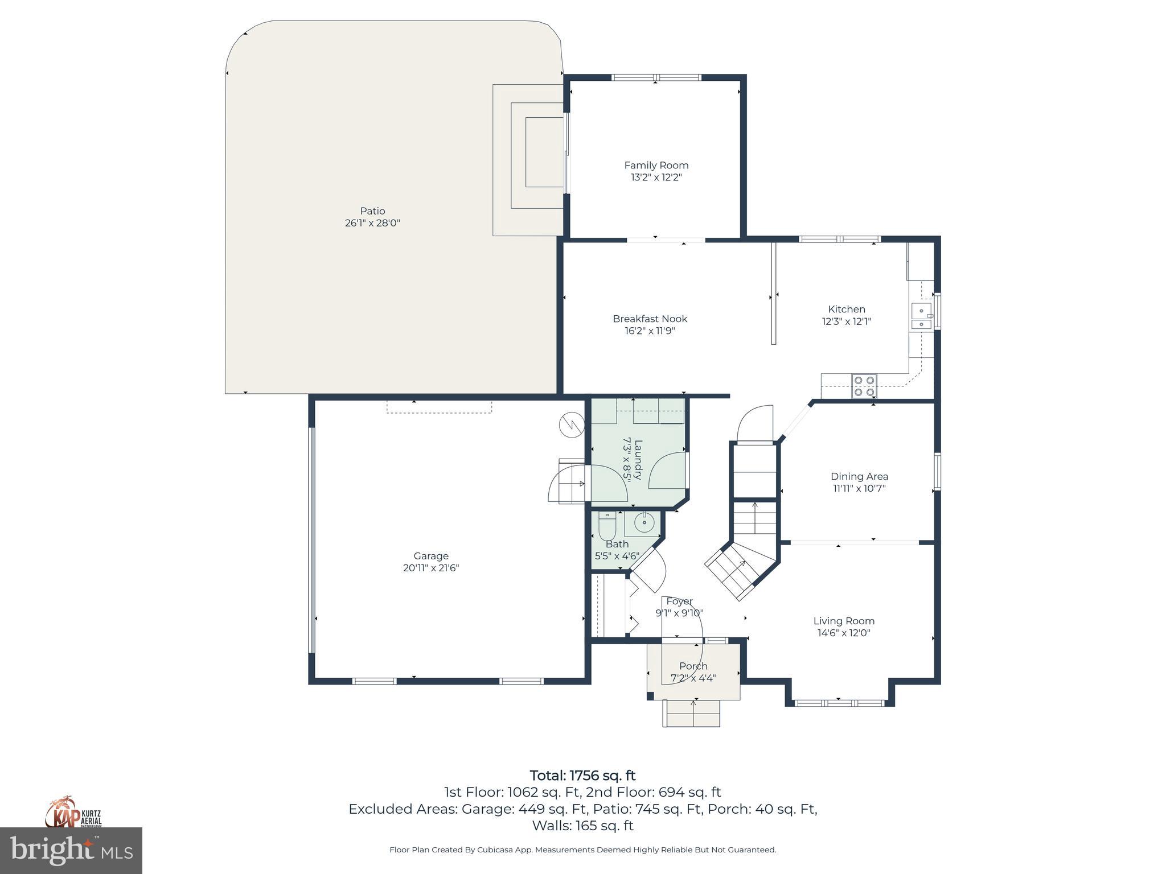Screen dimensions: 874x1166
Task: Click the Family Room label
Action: pos(656,165)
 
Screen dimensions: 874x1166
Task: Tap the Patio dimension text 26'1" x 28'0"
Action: pos(372,223)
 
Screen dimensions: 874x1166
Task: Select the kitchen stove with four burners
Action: pos(864,386)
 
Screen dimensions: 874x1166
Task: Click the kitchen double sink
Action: pos(921,317)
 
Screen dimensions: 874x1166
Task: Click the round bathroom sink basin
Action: pos(644,521)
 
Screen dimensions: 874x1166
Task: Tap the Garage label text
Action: pos(431,556)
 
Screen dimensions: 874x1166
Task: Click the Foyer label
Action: pos(679,601)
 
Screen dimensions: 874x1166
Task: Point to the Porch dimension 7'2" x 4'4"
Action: pos(693,678)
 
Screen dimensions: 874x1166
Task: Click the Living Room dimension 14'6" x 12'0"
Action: pos(844,633)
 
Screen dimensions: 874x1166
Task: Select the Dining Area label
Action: pos(859,476)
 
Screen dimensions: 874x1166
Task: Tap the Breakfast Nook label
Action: pos(650,319)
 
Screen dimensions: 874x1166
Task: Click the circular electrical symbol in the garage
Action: pos(571,424)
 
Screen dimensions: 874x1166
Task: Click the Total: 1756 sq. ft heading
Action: pos(582,776)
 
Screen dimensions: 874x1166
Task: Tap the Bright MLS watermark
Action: pos(71,851)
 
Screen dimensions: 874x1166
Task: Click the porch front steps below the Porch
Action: pos(691,713)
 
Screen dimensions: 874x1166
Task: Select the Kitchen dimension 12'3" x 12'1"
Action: pos(846,321)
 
